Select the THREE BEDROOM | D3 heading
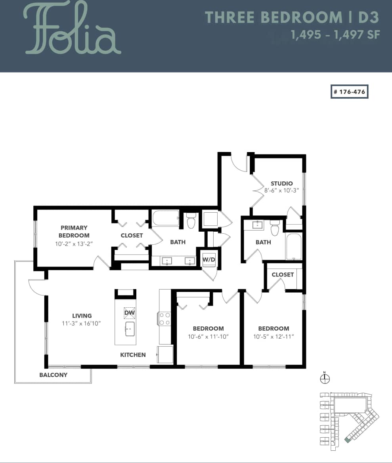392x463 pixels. point(292,17)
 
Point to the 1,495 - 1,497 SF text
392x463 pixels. point(335,35)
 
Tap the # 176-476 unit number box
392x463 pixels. point(350,91)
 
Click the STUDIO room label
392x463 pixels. point(282,183)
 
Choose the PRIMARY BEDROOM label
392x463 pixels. point(74,231)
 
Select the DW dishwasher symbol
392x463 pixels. point(130,313)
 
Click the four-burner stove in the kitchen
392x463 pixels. point(164,319)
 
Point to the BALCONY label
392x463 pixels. point(53,375)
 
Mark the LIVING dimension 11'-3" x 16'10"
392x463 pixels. point(82,324)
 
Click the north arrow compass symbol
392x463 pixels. point(325,379)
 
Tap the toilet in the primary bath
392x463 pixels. point(191,221)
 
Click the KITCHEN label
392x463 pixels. point(133,355)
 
